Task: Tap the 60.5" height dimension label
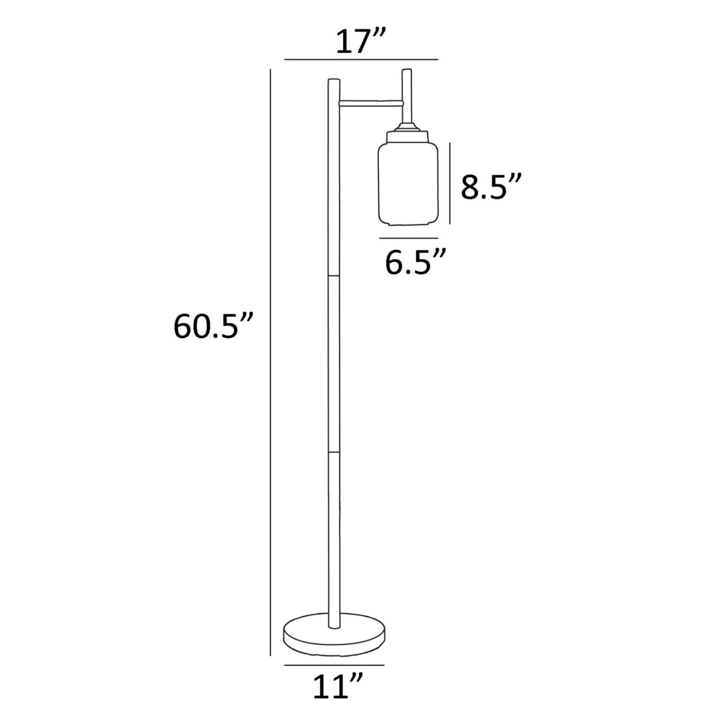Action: coord(213,326)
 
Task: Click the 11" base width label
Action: coord(338,686)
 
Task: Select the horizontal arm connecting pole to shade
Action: coord(371,103)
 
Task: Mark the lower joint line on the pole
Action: coord(334,452)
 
